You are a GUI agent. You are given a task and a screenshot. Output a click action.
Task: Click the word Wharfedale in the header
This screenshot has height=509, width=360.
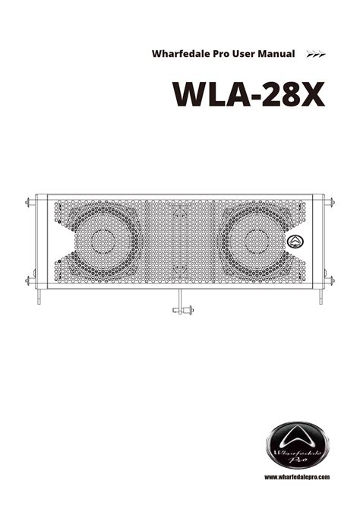pos(181,54)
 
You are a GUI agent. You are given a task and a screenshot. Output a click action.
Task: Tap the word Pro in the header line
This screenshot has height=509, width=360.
pos(221,54)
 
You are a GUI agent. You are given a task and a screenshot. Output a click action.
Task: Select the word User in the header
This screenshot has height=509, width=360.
pos(244,54)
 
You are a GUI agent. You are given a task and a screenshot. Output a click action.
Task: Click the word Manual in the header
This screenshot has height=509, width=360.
pos(276,54)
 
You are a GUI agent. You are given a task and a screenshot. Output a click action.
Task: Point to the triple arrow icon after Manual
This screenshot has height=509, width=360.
pos(316,54)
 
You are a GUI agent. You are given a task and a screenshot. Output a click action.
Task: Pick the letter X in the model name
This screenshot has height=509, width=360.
pos(311,94)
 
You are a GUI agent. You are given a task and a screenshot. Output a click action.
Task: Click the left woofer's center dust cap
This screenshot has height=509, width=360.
pos(103,241)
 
